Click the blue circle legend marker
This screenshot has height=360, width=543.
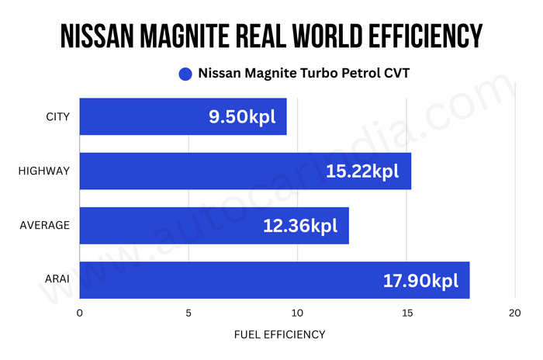coord(185,74)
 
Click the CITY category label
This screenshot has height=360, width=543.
coord(58,117)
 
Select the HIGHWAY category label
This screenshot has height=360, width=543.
coord(44,171)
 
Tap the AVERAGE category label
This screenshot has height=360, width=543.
coord(45,226)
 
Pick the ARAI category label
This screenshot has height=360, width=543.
coord(57,280)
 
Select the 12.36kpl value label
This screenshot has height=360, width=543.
coord(300,226)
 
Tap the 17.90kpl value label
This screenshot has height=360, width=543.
coord(420,280)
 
